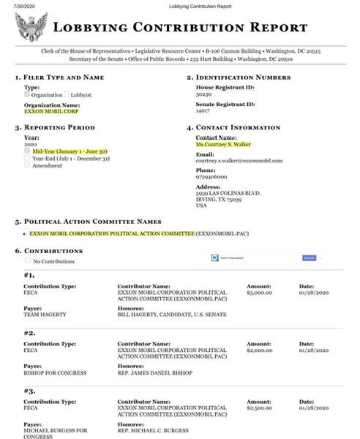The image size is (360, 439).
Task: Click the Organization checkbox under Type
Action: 27,94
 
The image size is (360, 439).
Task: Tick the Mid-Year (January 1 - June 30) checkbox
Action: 28,151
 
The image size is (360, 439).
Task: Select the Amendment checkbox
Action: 28,165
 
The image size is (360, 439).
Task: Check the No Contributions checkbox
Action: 28,260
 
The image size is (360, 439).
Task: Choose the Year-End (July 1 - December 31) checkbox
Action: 28,158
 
